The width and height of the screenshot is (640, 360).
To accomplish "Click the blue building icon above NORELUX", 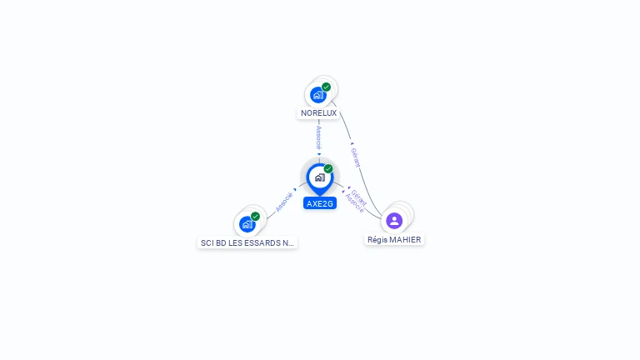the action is point(318,95).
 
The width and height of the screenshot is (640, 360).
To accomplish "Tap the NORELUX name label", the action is point(319,112).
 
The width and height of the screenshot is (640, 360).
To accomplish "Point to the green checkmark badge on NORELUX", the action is point(326,87).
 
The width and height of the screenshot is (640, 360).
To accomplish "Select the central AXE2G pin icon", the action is point(319,177).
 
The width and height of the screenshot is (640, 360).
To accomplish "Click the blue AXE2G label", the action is point(320,203).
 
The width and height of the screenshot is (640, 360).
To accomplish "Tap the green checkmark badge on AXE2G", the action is point(328,169).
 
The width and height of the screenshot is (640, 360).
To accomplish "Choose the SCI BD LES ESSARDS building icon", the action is point(247,224).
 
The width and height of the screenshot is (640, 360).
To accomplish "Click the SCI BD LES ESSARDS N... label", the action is point(247,243).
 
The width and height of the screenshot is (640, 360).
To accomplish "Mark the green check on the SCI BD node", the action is point(255,217).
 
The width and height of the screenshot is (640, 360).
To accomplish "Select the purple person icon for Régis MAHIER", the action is point(394,221).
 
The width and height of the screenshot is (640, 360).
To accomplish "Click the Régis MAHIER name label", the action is point(394,240).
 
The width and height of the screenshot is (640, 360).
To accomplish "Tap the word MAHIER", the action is point(405,240).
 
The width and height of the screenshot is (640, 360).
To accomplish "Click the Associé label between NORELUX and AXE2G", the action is point(319,137).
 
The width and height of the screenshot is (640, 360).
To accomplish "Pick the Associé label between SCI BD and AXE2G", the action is point(284,202).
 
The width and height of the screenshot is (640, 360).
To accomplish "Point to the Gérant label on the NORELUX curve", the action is point(356,157).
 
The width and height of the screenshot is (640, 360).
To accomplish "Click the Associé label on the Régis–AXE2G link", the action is point(354,204).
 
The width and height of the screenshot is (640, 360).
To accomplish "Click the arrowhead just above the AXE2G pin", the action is point(319,154).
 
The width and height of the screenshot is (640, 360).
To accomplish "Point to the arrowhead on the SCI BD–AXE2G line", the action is point(295,190).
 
